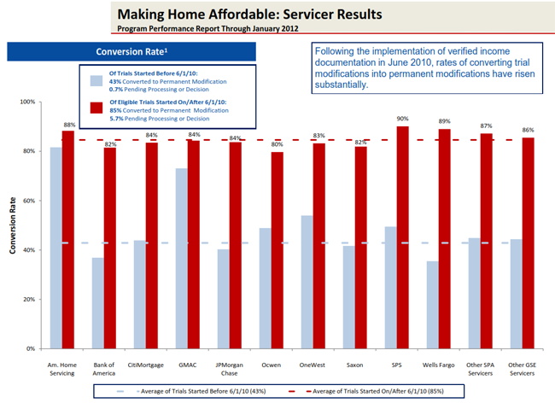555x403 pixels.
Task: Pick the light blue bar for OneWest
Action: click(307, 282)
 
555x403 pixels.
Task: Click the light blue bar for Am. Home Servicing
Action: click(55, 248)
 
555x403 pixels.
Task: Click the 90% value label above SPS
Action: click(402, 119)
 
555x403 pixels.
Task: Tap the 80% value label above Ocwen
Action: click(277, 144)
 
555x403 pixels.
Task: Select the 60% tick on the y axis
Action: click(27, 201)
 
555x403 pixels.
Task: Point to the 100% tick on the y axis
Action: click(26, 102)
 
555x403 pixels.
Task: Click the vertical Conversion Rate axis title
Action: click(11, 225)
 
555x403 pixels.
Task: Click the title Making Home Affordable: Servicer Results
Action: click(248, 15)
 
